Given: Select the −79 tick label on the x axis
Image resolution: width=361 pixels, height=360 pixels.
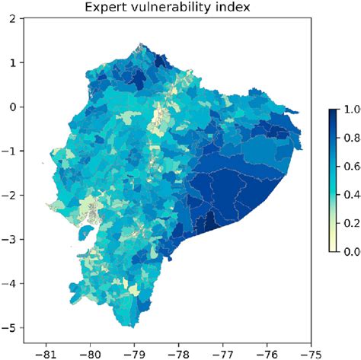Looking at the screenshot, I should tap(134, 352).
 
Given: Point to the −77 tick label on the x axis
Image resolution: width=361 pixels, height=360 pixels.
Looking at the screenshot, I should tap(222, 352).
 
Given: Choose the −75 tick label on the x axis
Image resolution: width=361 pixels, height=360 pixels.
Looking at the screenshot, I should tap(310, 352).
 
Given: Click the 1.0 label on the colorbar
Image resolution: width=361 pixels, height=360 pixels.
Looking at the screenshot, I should tap(350, 110).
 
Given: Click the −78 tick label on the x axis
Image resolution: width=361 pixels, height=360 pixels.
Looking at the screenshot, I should tap(178, 352).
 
